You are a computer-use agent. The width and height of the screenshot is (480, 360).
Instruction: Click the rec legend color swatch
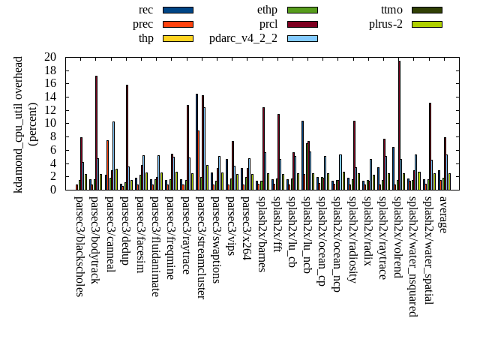coord(178,10)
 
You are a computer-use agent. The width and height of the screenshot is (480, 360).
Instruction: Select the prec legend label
coord(142,24)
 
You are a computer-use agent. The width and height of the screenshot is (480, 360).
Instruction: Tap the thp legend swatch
coord(178,38)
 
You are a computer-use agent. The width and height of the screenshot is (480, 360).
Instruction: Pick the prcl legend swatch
coord(302,24)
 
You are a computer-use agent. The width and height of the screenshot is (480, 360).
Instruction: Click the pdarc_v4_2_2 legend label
coord(243,38)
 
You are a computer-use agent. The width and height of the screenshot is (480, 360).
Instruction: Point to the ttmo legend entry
coord(391,10)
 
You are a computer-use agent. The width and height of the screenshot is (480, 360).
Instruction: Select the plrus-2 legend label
coord(385,24)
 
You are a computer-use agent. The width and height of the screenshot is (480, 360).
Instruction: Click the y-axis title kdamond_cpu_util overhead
coord(19,124)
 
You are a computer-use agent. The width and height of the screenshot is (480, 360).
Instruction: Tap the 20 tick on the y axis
coord(50,57)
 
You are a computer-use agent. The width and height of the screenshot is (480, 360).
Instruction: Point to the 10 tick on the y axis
coord(50,123)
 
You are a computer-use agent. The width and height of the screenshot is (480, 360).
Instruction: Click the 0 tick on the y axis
coord(53,190)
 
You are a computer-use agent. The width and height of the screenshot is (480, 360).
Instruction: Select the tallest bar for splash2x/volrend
coord(399,125)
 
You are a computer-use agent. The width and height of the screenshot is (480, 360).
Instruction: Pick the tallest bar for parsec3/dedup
coord(127,137)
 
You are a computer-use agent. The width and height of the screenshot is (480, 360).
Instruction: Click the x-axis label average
coord(443,214)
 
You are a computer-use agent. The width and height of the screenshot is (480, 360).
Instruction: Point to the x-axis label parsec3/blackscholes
coord(79,246)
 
